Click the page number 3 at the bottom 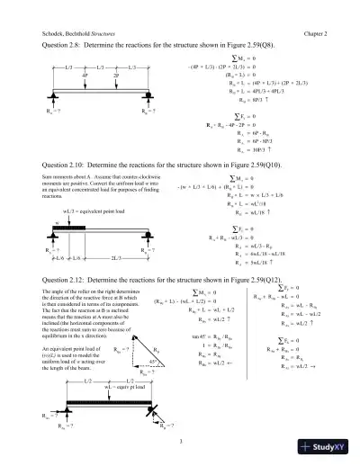click(180, 440)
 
